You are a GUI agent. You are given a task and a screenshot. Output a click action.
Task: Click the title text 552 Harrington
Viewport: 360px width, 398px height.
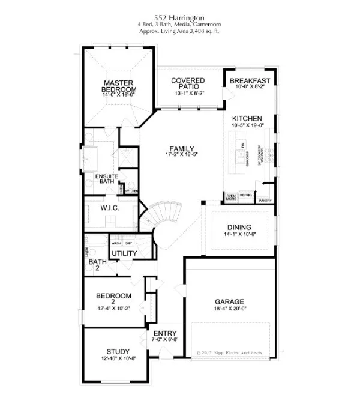point(179,18)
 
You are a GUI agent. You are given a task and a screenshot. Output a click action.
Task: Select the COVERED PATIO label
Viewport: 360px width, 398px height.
point(187,83)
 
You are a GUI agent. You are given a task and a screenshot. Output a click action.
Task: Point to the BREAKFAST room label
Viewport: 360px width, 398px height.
point(250,80)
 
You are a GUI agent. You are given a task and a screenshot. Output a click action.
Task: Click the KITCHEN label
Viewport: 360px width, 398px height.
point(248,119)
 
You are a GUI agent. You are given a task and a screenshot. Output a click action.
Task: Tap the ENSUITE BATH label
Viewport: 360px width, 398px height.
point(108,179)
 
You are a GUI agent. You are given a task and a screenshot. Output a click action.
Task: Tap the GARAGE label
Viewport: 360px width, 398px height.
point(229,301)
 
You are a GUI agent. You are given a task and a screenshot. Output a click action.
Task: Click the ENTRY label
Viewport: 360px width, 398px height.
point(164,334)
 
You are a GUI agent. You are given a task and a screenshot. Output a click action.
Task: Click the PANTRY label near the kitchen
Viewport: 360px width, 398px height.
point(266,201)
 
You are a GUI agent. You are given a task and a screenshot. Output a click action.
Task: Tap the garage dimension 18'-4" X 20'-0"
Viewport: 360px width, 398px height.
point(229,310)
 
